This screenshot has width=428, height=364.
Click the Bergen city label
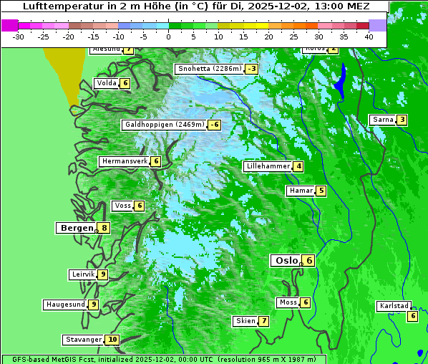point(76,228)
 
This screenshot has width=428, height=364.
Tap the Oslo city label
point(286,260)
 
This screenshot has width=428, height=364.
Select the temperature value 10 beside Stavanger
point(112,340)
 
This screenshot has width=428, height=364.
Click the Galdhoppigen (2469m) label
point(165,125)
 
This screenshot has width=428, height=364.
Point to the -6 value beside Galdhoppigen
point(214,125)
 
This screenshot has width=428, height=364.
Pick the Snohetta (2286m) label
point(209,69)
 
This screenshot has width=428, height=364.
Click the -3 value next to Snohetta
point(251,69)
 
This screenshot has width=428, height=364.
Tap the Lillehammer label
point(268,166)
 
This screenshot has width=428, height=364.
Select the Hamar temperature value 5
point(321,191)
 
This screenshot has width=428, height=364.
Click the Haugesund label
point(65,305)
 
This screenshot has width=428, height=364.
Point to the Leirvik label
point(83,274)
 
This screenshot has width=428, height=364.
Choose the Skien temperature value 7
point(263,321)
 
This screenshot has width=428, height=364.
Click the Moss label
point(288,302)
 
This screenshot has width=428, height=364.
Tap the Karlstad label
point(394,306)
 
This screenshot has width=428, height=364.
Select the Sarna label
point(383,120)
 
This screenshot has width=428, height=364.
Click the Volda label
point(106,83)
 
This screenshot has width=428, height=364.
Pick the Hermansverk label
point(124,161)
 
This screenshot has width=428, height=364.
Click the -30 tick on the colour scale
point(19,36)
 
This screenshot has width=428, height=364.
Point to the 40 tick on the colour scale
point(369,36)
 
